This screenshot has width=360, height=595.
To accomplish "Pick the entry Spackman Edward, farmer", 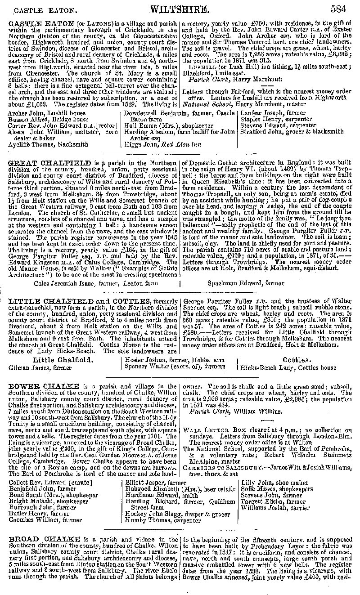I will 246,283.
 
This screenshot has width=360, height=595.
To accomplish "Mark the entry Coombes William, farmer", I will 45,520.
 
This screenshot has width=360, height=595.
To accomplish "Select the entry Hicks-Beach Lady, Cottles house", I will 288,367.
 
